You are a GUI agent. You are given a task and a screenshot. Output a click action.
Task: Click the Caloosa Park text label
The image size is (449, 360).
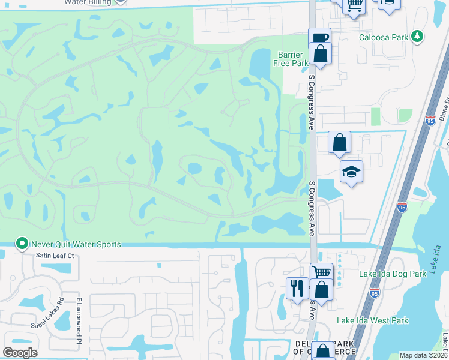click(383, 37)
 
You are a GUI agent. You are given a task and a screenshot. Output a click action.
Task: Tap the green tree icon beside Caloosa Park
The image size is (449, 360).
click(417, 37)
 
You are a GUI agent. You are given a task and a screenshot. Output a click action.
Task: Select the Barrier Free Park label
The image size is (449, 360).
click(291, 59)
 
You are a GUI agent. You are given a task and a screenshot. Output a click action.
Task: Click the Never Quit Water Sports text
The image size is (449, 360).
click(77, 244)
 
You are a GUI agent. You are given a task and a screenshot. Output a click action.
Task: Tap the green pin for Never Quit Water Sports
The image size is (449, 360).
click(22, 244)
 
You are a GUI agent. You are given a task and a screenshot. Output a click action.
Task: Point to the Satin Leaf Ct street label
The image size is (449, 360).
click(54, 256)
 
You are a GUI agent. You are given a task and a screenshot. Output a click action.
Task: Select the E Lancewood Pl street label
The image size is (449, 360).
click(79, 320)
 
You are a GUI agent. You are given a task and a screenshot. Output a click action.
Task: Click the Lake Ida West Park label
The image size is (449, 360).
click(372, 320)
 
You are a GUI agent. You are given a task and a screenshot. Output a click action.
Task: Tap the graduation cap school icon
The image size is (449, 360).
click(351, 173)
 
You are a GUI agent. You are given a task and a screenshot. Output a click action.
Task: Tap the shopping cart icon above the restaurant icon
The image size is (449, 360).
click(322, 272)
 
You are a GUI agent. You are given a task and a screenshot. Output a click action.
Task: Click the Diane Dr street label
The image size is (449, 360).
click(444, 108)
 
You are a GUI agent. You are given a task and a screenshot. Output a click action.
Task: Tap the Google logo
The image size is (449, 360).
click(20, 353)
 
